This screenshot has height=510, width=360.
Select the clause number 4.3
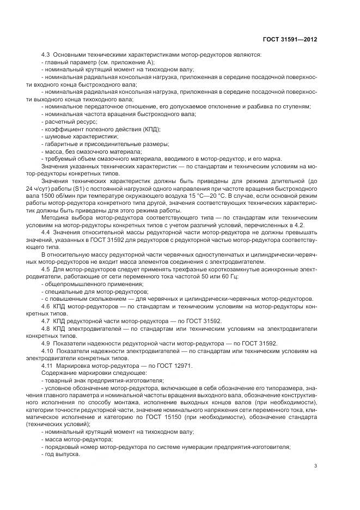click(46, 55)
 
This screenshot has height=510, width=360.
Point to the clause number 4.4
click(46, 233)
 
